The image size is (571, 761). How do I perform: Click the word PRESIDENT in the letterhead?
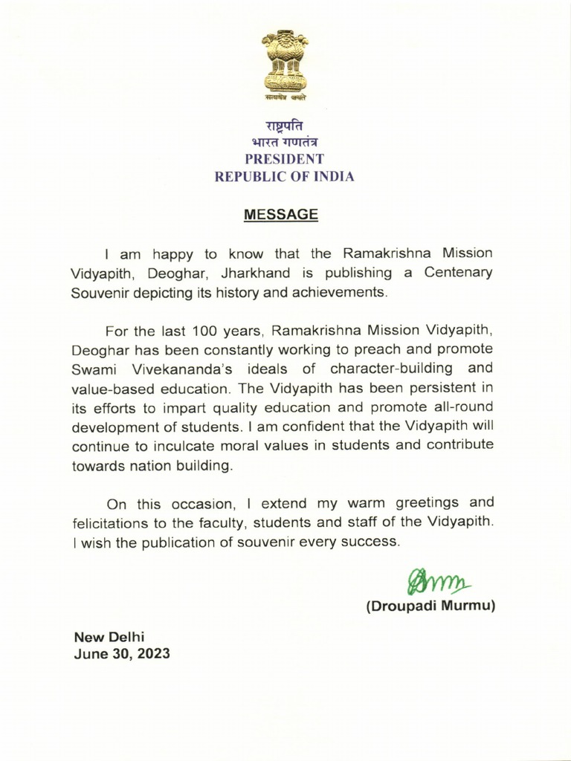click(285, 159)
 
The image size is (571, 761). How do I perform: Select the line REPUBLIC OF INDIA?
click(285, 177)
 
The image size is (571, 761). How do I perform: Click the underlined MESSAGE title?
click(281, 215)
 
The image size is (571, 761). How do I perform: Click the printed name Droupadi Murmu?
click(430, 606)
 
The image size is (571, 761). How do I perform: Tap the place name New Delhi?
click(109, 637)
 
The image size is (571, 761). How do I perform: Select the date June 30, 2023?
click(121, 655)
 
